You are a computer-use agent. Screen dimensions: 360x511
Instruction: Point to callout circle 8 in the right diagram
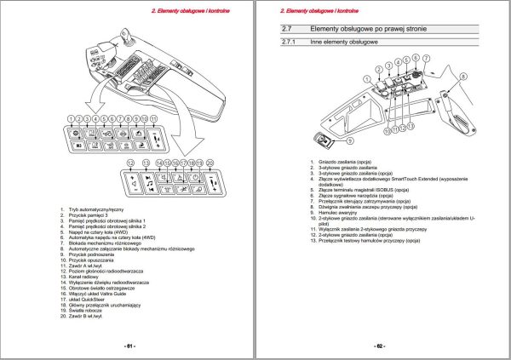465,76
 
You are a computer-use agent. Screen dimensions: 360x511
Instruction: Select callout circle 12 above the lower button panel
129,162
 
